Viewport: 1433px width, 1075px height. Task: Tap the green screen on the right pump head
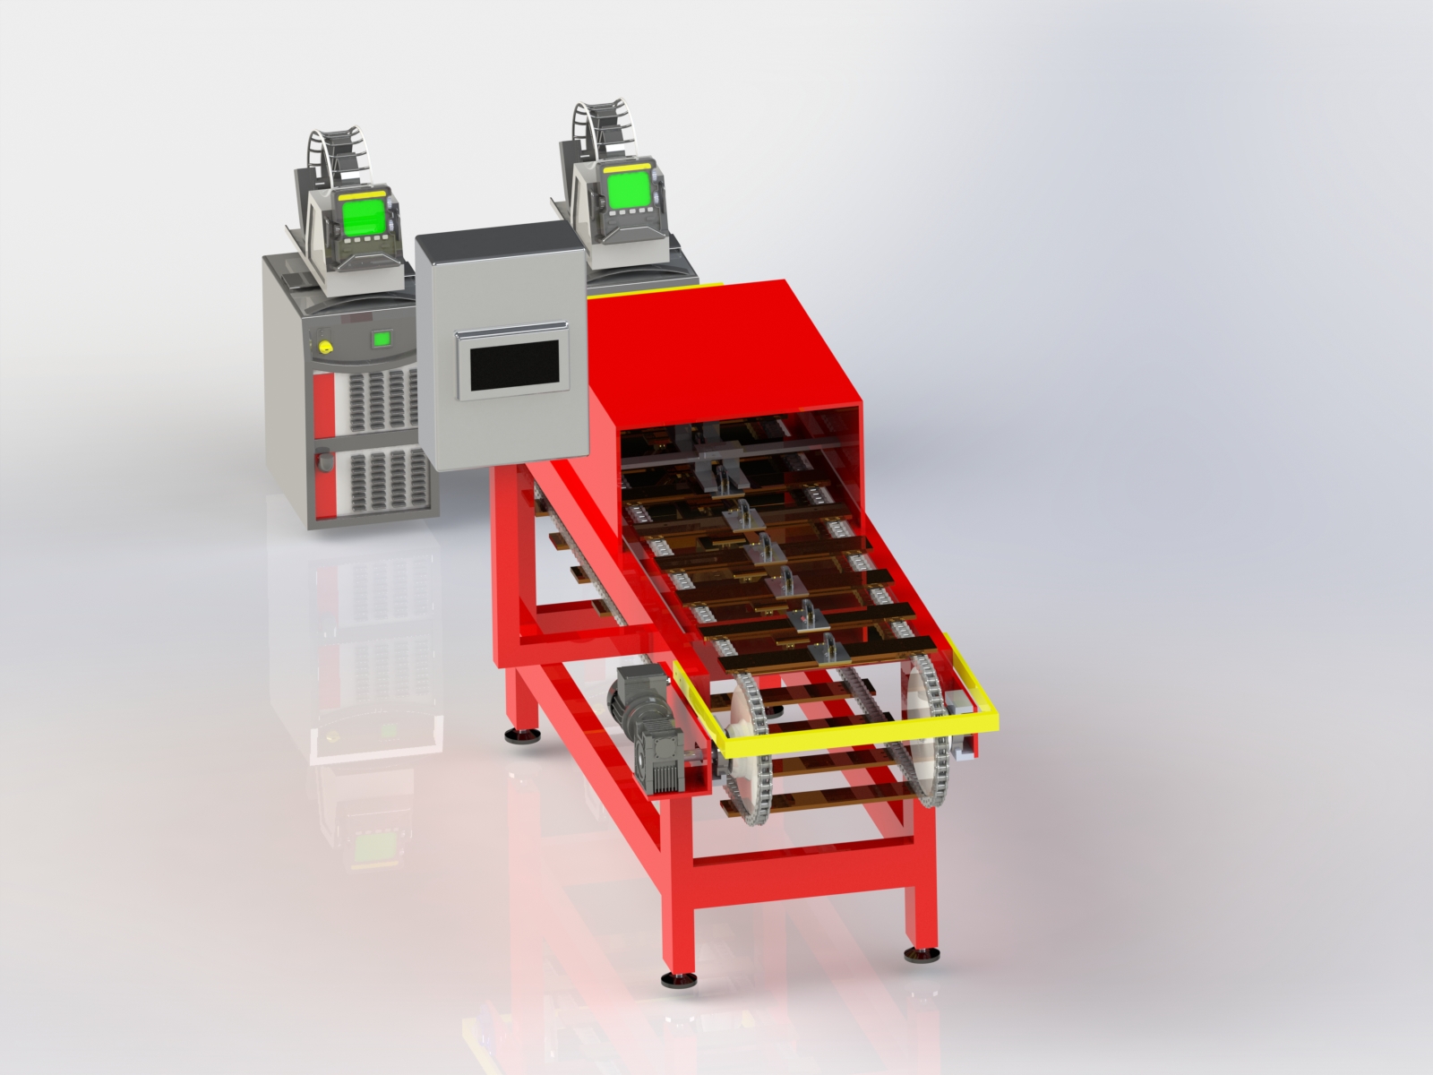tap(626, 190)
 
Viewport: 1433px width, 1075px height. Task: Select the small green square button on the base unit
tap(382, 339)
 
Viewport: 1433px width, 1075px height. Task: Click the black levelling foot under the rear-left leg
tap(520, 736)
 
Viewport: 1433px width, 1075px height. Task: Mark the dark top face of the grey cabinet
tap(494, 232)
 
